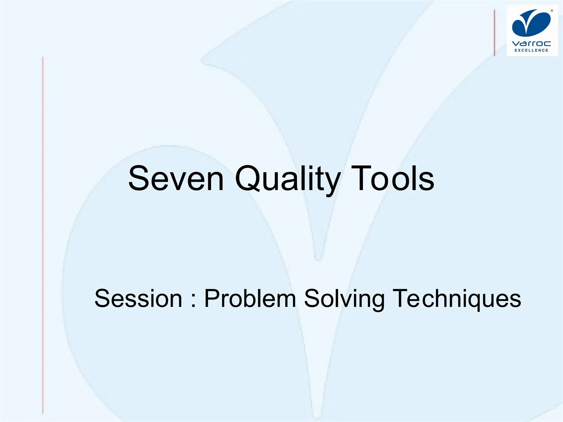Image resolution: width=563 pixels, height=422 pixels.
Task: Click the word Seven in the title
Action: pyautogui.click(x=176, y=179)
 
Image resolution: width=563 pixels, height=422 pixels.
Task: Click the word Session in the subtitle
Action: pyautogui.click(x=138, y=299)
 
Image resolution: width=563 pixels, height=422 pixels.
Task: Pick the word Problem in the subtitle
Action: pyautogui.click(x=250, y=299)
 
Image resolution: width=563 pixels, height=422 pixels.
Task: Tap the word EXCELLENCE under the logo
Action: pyautogui.click(x=531, y=50)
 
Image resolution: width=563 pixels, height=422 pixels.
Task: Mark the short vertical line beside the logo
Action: pyautogui.click(x=495, y=32)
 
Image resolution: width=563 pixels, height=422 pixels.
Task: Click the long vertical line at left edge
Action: pyautogui.click(x=43, y=234)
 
